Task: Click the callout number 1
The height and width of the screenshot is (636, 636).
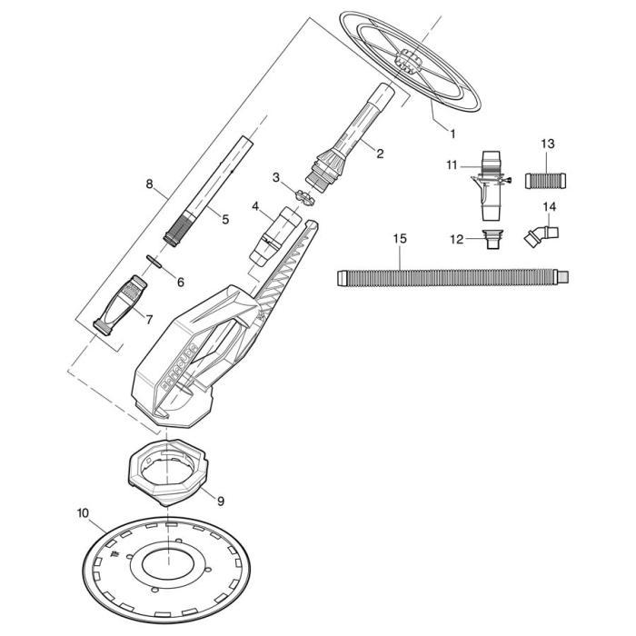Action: pyautogui.click(x=452, y=133)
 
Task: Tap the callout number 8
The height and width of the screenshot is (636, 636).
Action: pyautogui.click(x=149, y=184)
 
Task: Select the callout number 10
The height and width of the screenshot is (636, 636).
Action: pyautogui.click(x=84, y=512)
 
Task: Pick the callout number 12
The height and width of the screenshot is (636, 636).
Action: pyautogui.click(x=457, y=239)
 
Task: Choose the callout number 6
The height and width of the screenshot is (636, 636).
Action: pyautogui.click(x=180, y=283)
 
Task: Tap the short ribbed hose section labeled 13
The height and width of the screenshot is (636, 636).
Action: pyautogui.click(x=546, y=179)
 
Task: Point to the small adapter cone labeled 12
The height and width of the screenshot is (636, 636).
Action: pyautogui.click(x=491, y=240)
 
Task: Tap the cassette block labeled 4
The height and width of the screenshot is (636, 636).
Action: pyautogui.click(x=272, y=234)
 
